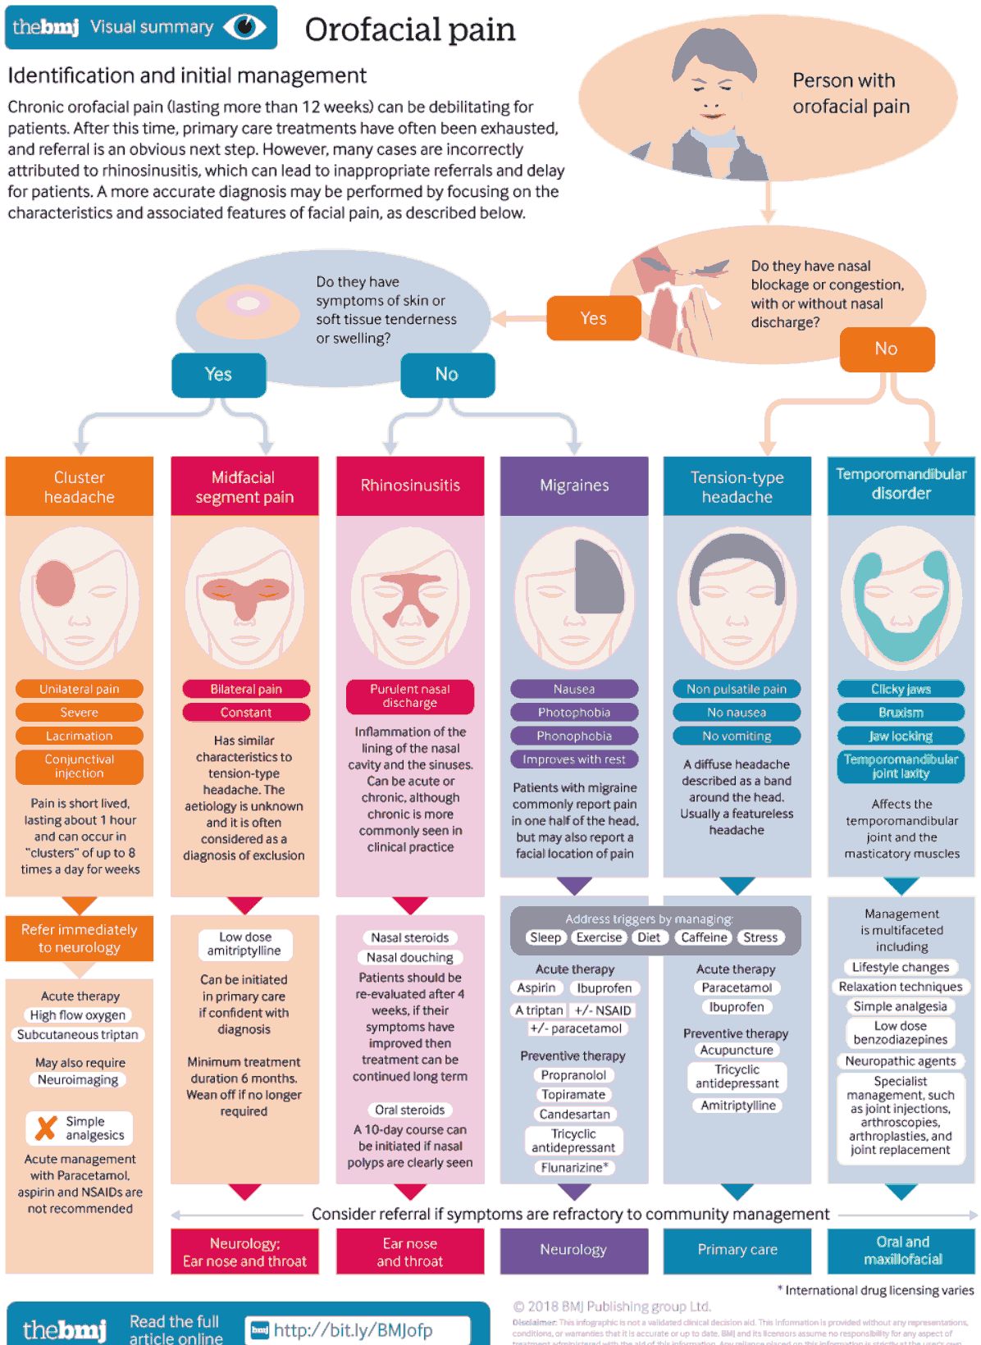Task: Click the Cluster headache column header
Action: (x=80, y=487)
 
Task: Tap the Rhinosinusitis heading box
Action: (x=410, y=486)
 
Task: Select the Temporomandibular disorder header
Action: (x=901, y=485)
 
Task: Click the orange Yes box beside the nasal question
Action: (x=593, y=318)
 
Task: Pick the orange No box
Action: (x=886, y=349)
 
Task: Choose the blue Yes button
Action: (x=218, y=375)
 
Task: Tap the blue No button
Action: (x=447, y=375)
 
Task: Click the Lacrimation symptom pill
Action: (x=80, y=736)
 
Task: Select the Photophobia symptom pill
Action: (x=574, y=713)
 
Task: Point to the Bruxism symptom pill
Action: (x=901, y=713)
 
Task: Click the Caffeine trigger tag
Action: (x=704, y=937)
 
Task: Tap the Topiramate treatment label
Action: (x=573, y=1095)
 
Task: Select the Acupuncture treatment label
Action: (x=737, y=1050)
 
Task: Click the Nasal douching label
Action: (x=410, y=957)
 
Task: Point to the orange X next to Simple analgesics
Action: (x=46, y=1128)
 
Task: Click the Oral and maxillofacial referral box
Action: (x=901, y=1251)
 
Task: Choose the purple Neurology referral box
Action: (x=573, y=1250)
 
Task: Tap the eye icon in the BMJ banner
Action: (x=244, y=27)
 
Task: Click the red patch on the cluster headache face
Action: (x=56, y=583)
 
